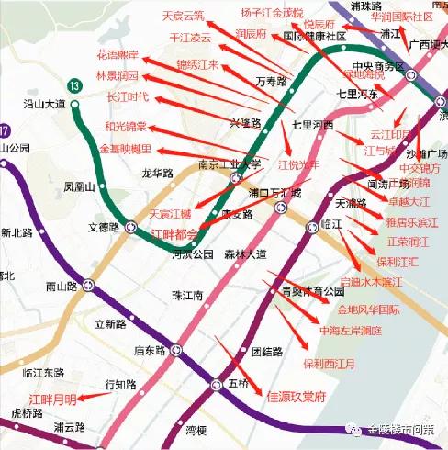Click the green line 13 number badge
[x=73, y=85]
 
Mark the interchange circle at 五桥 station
[x=217, y=384]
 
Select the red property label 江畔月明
[x=52, y=399]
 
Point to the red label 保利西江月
[x=329, y=363]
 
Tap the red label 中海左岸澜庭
[x=350, y=329]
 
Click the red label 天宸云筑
[x=184, y=16]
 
